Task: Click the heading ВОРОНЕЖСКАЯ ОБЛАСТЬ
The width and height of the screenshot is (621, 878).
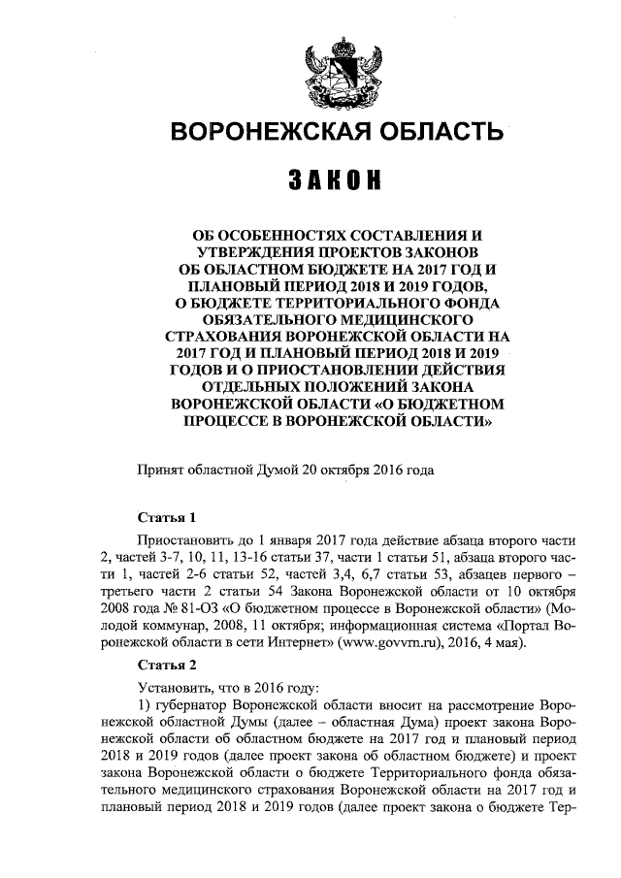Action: click(337, 132)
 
